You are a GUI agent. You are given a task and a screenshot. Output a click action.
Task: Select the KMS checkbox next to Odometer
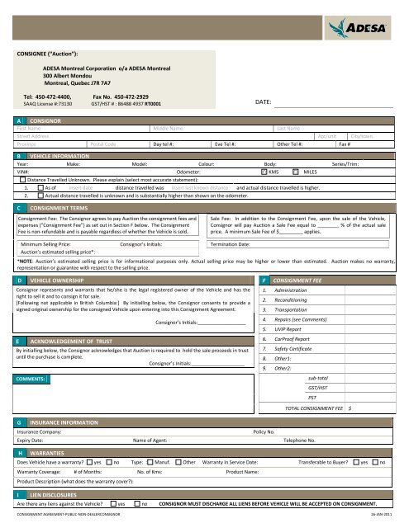[x=264, y=172]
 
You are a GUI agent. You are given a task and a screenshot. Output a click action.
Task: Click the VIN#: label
[x=22, y=172]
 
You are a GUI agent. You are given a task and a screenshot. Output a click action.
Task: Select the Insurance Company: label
[x=39, y=431]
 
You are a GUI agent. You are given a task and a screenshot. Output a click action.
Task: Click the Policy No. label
[x=269, y=431]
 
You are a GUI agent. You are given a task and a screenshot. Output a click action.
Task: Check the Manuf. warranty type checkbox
[x=152, y=464]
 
